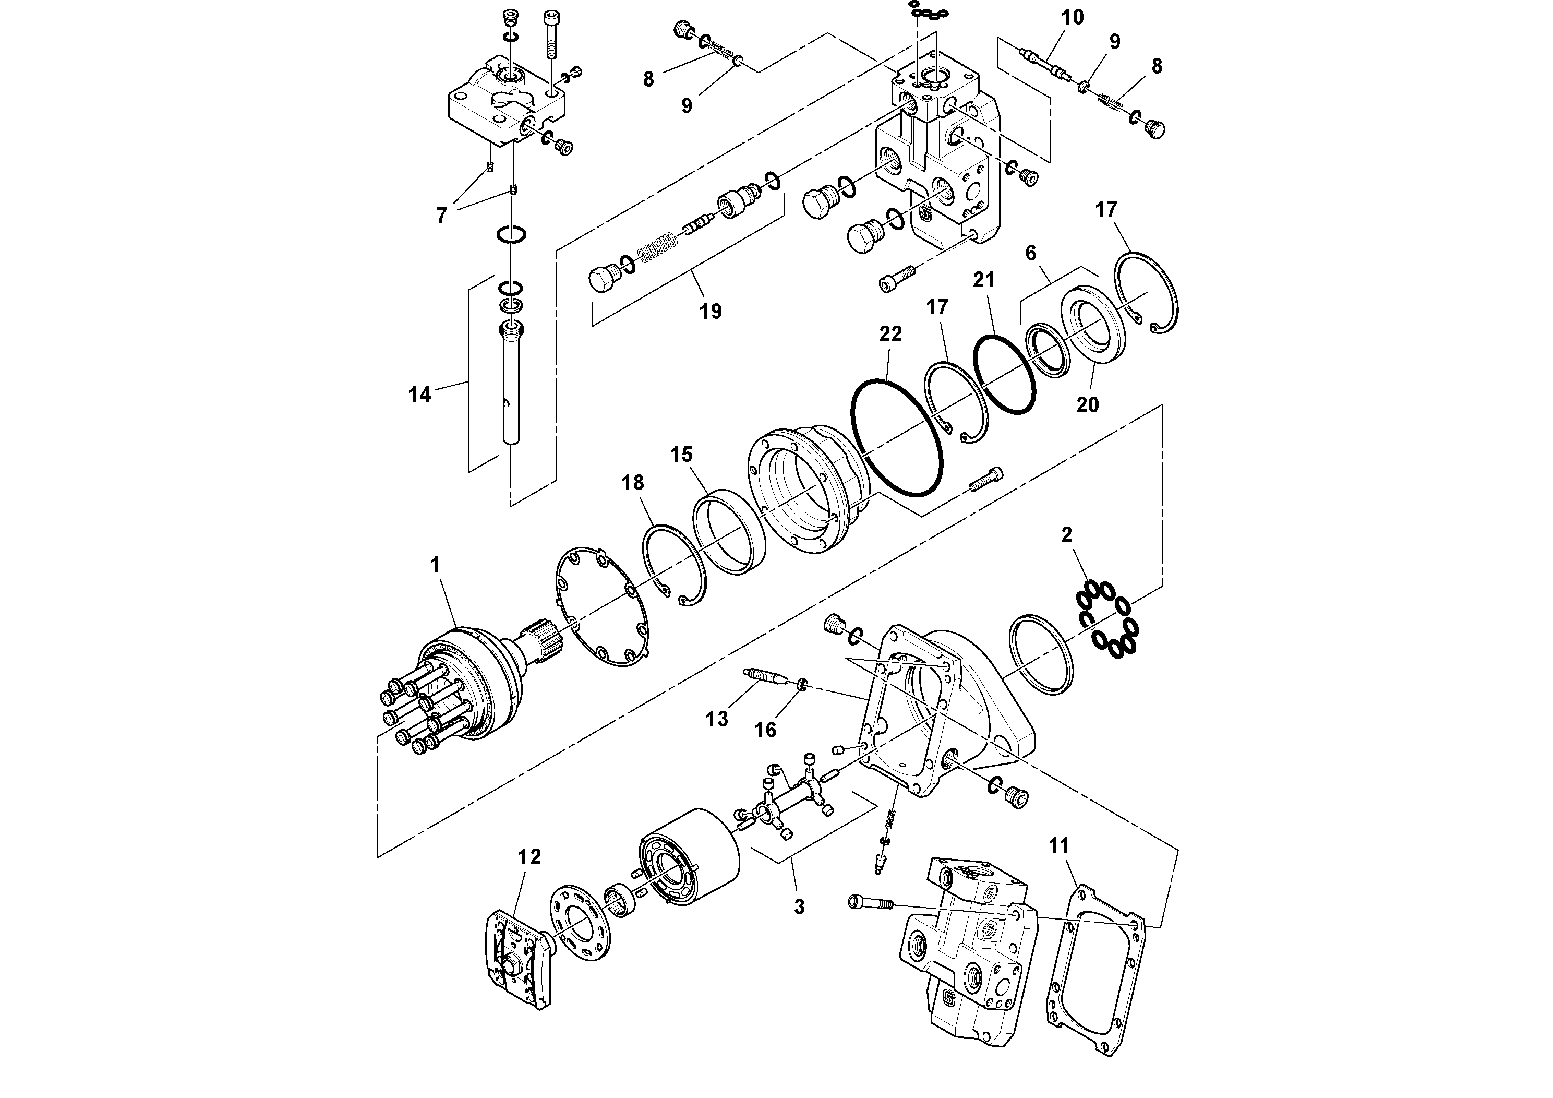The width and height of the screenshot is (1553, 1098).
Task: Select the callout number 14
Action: coord(419,395)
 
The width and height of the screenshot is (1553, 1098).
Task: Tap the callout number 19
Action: coord(710,312)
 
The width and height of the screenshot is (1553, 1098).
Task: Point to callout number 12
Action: coord(529,857)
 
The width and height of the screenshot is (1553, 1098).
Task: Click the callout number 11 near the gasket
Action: coord(1058,845)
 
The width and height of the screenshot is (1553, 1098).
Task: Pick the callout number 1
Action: coord(435,565)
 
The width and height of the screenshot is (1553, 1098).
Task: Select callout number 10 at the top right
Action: coord(1072,18)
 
